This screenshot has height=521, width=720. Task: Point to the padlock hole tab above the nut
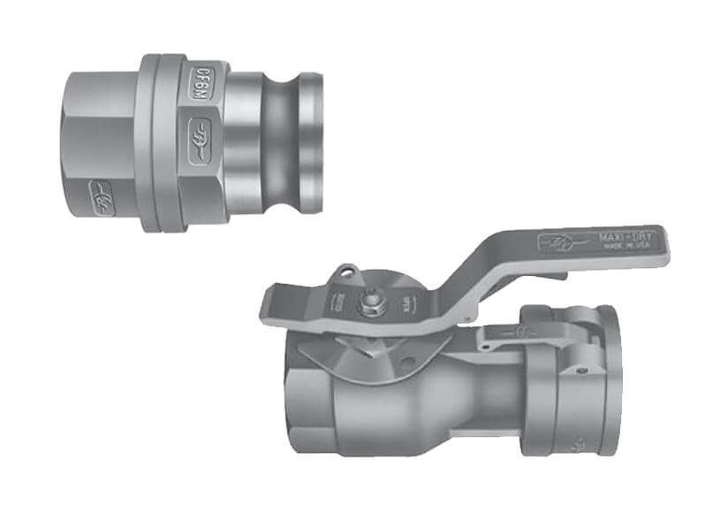[x=346, y=269]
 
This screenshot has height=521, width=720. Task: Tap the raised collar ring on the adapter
[x=170, y=142]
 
